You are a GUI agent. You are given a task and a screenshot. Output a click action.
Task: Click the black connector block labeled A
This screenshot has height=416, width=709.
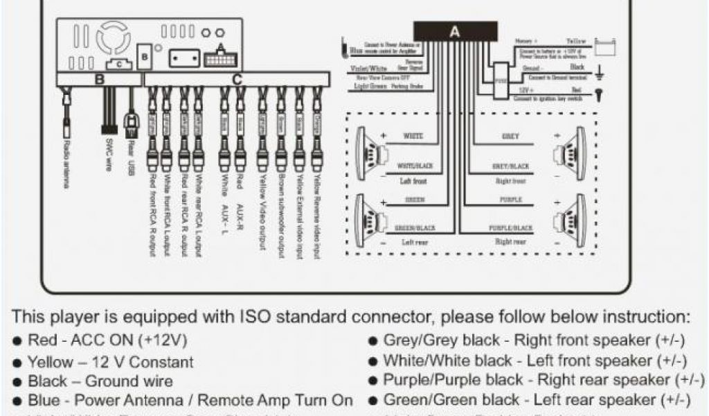point(455,31)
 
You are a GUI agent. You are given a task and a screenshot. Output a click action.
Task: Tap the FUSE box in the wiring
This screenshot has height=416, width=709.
point(499,78)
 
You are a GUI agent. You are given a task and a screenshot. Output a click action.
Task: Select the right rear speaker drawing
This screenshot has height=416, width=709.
point(573,221)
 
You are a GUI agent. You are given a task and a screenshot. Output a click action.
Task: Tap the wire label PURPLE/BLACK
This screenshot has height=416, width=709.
point(511,227)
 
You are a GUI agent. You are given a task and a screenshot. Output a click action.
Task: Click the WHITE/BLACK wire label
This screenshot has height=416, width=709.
point(415,166)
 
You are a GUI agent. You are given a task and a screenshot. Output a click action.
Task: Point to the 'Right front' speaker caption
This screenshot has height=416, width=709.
point(511,181)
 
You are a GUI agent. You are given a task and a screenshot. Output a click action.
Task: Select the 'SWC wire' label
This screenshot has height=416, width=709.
point(109,154)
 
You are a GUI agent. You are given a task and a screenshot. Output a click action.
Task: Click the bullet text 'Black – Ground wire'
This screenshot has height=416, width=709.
point(100,381)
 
